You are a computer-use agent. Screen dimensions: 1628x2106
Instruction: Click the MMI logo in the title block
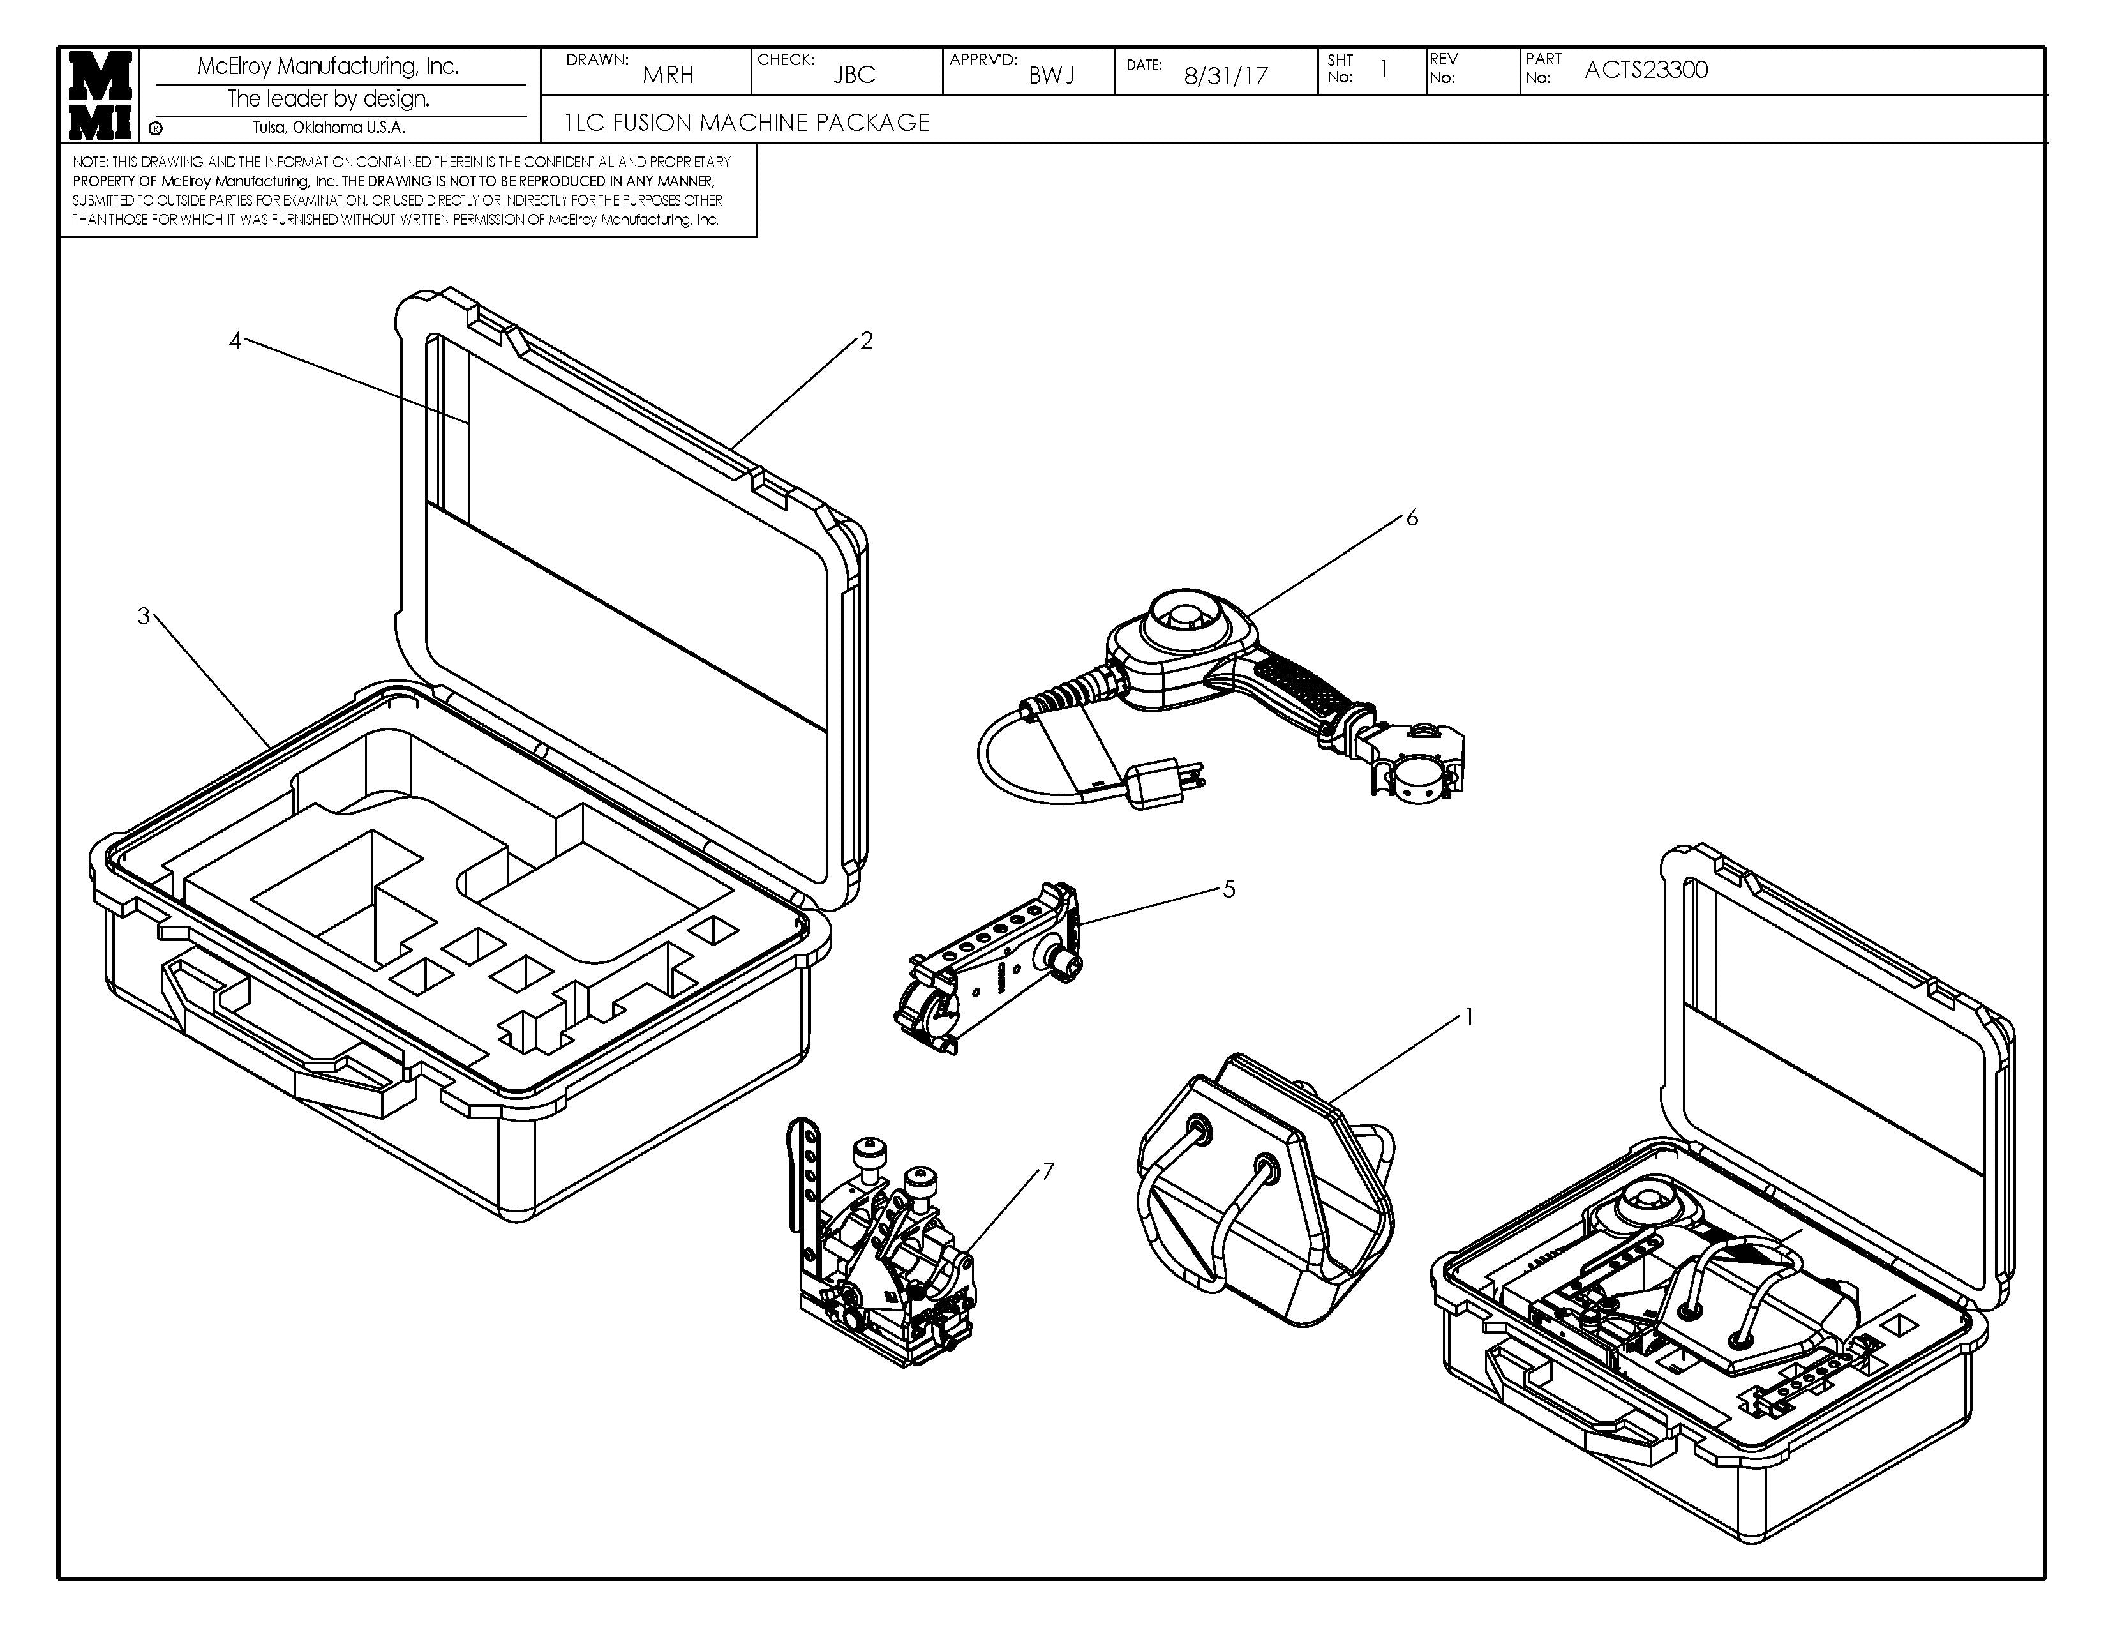click(x=100, y=94)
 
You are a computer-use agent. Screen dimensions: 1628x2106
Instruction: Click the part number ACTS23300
click(x=1645, y=70)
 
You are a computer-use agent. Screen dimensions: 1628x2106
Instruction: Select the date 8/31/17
click(x=1225, y=75)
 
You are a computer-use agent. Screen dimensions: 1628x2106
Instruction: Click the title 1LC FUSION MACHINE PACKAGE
click(x=747, y=123)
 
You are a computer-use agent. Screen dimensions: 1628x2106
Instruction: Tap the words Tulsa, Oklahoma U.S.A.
click(x=329, y=127)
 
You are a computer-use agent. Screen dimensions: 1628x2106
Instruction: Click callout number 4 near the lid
click(x=234, y=340)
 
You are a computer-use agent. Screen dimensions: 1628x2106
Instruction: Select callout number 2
click(x=866, y=340)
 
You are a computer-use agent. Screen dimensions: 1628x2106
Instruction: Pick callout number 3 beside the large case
click(x=144, y=616)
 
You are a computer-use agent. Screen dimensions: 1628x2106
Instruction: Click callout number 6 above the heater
click(x=1412, y=518)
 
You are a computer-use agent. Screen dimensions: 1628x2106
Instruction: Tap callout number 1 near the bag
click(x=1468, y=1016)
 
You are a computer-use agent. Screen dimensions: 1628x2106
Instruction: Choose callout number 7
click(x=1048, y=1171)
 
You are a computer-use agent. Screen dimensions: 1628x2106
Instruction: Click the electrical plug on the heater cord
click(x=1157, y=782)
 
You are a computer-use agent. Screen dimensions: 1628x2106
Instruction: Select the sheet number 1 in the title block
click(x=1384, y=70)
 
